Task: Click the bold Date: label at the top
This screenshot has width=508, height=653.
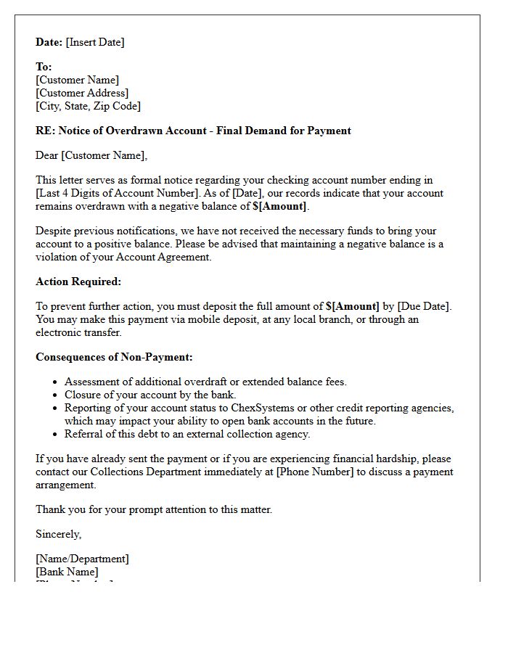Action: point(49,42)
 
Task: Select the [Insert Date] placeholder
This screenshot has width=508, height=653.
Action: point(95,42)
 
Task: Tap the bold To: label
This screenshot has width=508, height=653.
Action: point(44,67)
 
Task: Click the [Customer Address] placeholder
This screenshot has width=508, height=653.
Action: point(82,93)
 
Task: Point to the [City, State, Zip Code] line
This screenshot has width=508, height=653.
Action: point(88,106)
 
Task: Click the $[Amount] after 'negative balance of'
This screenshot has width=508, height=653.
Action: point(280,206)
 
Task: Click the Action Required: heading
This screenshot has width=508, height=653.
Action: point(78,282)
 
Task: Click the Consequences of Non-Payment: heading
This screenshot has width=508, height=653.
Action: point(114,357)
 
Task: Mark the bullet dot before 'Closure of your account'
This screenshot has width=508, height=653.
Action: point(56,395)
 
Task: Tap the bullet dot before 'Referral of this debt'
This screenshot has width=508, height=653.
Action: point(56,435)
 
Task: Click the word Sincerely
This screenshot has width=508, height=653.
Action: point(58,534)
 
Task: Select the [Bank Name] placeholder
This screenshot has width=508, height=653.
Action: point(67,572)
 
